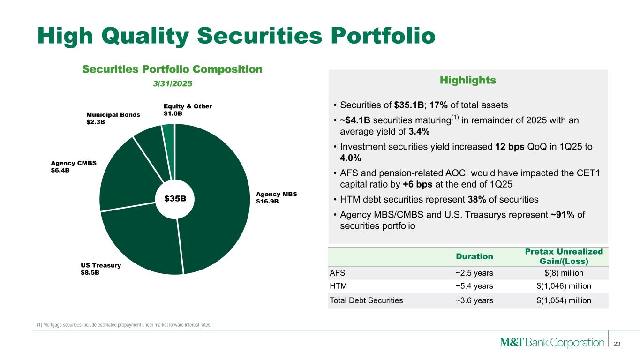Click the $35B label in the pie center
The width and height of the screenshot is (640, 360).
coord(175,199)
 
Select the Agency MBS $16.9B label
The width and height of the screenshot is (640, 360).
coord(276,198)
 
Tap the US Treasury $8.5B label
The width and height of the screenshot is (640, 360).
coord(101,269)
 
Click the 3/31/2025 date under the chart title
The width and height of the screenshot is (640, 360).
coord(173,84)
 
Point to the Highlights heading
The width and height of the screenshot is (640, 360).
coord(468,80)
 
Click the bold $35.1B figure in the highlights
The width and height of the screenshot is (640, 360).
coord(409,105)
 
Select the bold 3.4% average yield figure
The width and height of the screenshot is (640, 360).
coord(419,132)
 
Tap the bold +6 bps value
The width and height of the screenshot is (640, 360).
coord(417,184)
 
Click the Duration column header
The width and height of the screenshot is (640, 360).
coord(474,256)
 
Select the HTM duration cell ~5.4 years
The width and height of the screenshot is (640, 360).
coord(474,286)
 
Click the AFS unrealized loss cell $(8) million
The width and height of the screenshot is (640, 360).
coord(564,273)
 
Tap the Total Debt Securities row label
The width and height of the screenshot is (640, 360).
coord(366,300)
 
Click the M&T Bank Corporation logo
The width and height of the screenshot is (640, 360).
coord(552,342)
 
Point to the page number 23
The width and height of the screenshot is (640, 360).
coord(617,344)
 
